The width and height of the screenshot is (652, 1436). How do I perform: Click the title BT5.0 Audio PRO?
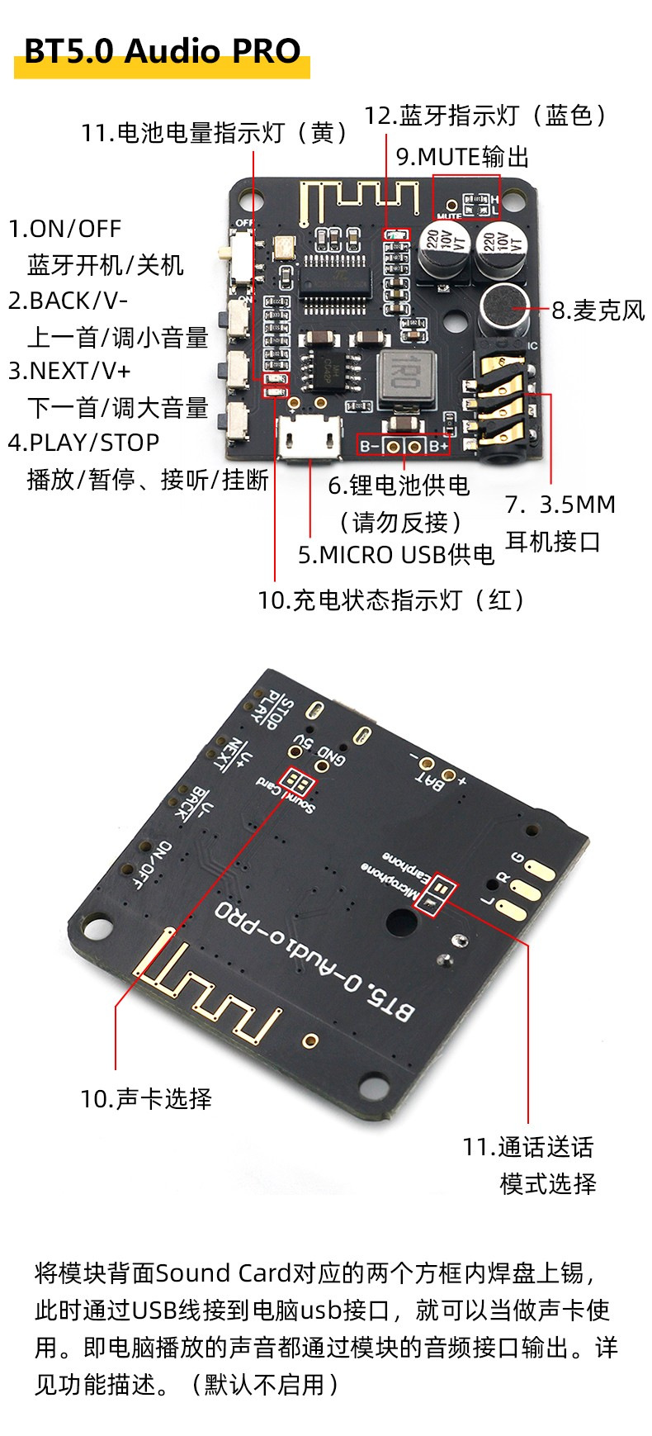click(162, 52)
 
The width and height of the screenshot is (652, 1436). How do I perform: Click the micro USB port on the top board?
click(310, 437)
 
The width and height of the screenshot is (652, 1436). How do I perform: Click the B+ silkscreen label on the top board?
click(437, 446)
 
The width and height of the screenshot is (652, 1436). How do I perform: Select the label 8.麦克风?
click(598, 311)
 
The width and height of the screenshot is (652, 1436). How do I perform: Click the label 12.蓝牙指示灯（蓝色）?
click(487, 116)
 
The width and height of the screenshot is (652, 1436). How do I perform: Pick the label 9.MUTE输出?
click(462, 157)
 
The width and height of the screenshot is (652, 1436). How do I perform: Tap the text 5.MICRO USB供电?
click(395, 555)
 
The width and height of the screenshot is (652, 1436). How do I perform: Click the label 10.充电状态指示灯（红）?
click(391, 600)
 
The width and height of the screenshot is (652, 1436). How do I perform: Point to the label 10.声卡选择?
click(146, 1098)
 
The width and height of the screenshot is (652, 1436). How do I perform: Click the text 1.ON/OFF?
click(64, 229)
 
